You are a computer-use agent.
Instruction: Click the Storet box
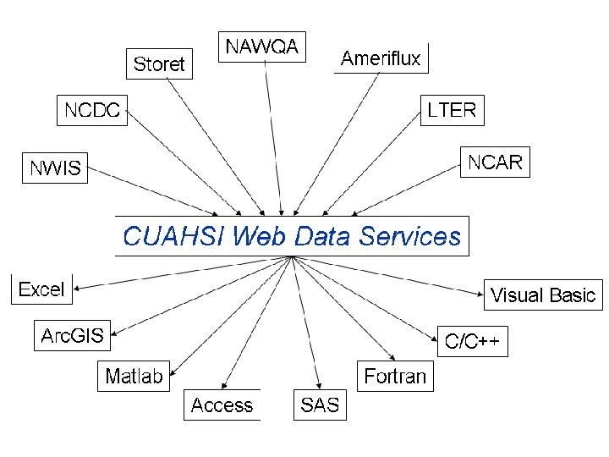(x=159, y=63)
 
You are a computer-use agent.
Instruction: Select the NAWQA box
(x=261, y=47)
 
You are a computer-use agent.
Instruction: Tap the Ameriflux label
(x=381, y=58)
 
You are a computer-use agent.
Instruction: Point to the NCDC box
(x=92, y=109)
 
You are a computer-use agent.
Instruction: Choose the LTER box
(x=452, y=109)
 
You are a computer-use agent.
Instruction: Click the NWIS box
(x=56, y=168)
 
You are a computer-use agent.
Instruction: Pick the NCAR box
(x=495, y=162)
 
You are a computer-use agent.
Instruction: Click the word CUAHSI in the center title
(x=173, y=236)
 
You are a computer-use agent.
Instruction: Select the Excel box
(x=41, y=289)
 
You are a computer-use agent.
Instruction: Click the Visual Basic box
(x=543, y=295)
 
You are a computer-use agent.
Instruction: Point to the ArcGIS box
(x=72, y=335)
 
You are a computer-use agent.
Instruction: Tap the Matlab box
(x=134, y=376)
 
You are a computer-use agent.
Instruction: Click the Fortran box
(x=395, y=376)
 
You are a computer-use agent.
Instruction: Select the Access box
(x=222, y=405)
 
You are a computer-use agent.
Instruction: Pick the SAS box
(x=319, y=405)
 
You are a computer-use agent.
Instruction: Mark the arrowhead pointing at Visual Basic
(x=479, y=293)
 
